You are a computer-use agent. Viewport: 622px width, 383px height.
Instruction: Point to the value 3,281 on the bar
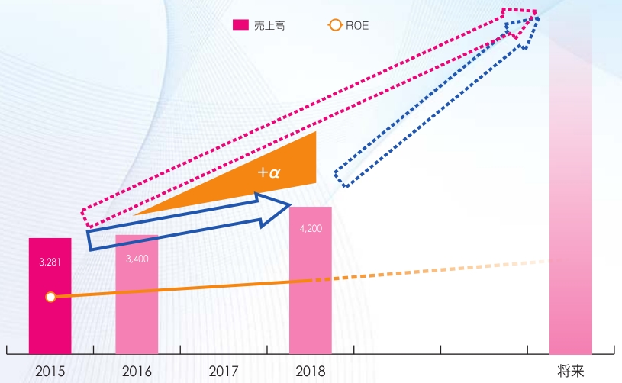50,262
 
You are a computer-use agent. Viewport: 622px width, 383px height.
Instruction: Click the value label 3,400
137,258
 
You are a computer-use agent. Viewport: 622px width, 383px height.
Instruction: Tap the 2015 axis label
50,372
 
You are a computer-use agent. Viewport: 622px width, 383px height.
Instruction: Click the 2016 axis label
137,372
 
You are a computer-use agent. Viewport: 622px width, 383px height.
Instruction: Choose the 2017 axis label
224,372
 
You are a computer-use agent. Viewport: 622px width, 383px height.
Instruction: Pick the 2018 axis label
311,372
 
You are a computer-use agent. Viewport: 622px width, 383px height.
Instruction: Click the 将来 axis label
571,372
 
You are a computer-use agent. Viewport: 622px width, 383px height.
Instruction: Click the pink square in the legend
240,25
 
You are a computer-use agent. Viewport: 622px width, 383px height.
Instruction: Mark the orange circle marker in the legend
335,25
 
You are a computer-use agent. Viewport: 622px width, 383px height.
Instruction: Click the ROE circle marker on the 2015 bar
50,297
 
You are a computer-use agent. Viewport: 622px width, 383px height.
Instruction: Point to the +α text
269,173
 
